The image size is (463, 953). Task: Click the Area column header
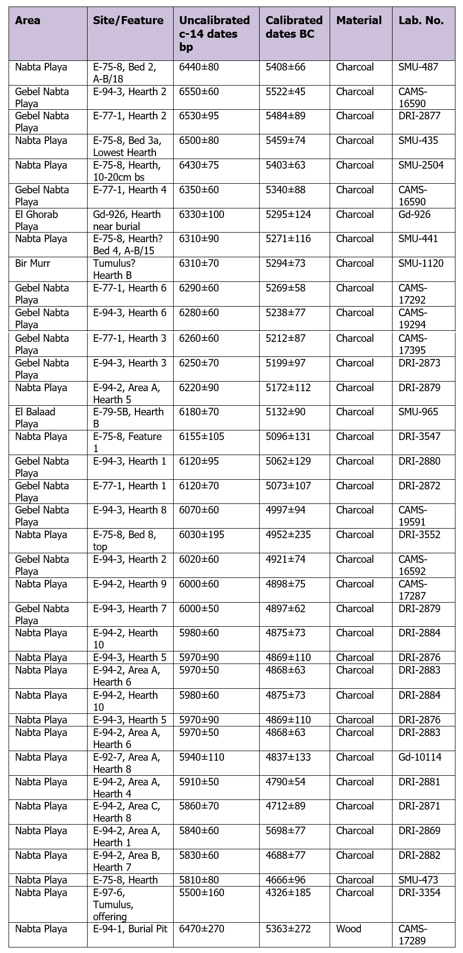pos(28,21)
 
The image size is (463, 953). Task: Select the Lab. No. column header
pos(421,21)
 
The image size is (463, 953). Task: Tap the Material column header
pos(359,21)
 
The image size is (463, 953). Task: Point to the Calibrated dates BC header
pos(294,27)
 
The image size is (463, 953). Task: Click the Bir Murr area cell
pos(33,263)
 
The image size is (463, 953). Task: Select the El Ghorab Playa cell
pos(37,221)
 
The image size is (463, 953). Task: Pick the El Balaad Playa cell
pos(35,418)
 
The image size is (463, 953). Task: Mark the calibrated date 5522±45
pos(285,92)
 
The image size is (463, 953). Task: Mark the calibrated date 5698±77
pos(285,831)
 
